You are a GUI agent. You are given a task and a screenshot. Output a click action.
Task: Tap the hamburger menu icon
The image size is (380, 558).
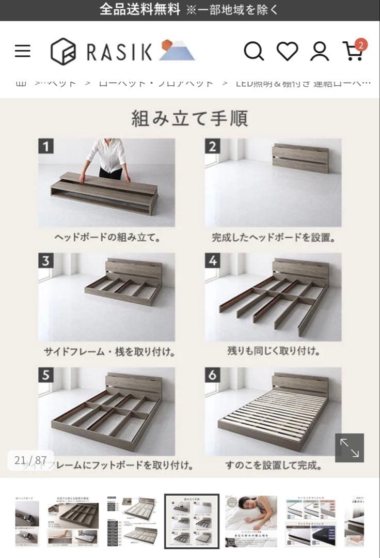pyautogui.click(x=22, y=51)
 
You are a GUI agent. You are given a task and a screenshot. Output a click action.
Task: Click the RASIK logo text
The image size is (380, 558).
pyautogui.click(x=119, y=52)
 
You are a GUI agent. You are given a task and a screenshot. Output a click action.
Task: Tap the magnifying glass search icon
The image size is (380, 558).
pyautogui.click(x=254, y=51)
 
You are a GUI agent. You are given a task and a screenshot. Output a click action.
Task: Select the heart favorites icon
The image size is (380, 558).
pyautogui.click(x=287, y=51)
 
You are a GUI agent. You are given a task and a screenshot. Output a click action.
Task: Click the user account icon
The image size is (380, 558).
pyautogui.click(x=320, y=51)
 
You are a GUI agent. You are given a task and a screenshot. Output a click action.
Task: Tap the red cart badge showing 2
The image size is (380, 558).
pyautogui.click(x=360, y=44)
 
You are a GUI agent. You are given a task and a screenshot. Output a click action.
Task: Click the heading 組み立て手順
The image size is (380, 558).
pyautogui.click(x=189, y=118)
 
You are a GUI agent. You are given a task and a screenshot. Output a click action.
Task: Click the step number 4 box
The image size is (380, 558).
pyautogui.click(x=213, y=261)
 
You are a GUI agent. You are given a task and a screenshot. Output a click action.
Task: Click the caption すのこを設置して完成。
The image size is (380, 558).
pyautogui.click(x=273, y=466)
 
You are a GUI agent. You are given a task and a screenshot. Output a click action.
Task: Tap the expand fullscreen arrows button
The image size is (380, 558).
pyautogui.click(x=350, y=447)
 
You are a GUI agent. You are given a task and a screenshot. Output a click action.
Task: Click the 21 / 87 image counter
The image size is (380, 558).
pyautogui.click(x=30, y=460)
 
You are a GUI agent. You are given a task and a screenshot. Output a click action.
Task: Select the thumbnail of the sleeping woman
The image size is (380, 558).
pyautogui.click(x=251, y=521)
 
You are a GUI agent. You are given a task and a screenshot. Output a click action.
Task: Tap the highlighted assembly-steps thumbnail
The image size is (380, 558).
pyautogui.click(x=192, y=521)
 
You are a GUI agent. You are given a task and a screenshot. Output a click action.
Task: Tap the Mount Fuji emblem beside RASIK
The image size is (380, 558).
pyautogui.click(x=176, y=51)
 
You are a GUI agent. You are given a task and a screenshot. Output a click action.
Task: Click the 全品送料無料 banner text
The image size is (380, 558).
pyautogui.click(x=139, y=9)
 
